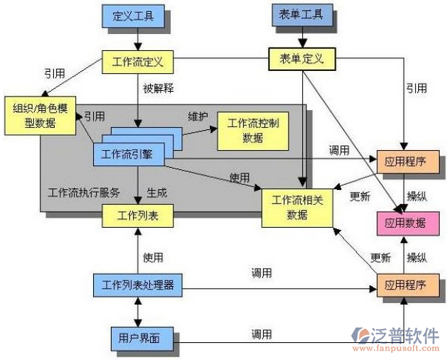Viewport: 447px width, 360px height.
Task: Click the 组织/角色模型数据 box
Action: [41, 114]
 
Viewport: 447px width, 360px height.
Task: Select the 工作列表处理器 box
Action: [137, 285]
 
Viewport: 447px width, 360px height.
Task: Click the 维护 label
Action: [199, 117]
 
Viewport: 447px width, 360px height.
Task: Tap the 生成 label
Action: [157, 191]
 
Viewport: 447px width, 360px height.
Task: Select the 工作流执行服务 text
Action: [83, 192]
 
